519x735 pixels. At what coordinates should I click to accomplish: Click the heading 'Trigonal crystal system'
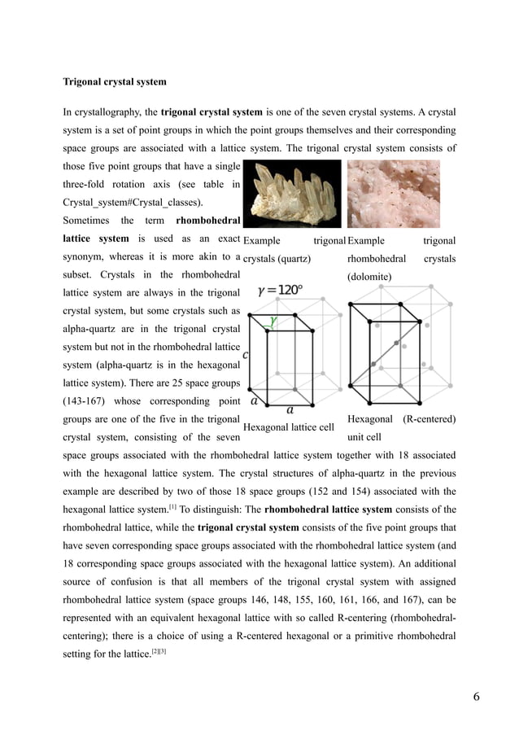pos(115,82)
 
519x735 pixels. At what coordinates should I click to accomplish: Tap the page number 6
pos(477,697)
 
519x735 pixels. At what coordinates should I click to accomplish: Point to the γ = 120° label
pos(280,290)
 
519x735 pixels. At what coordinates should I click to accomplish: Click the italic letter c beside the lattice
pos(246,356)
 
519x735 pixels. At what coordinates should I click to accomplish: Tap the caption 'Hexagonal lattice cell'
pos(289,427)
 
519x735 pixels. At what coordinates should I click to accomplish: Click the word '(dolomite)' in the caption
pos(369,277)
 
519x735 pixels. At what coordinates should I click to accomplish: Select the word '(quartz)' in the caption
pos(294,259)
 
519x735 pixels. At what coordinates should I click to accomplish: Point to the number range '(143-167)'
pos(89,400)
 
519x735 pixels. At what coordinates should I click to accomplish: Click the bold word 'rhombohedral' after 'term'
pos(207,221)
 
